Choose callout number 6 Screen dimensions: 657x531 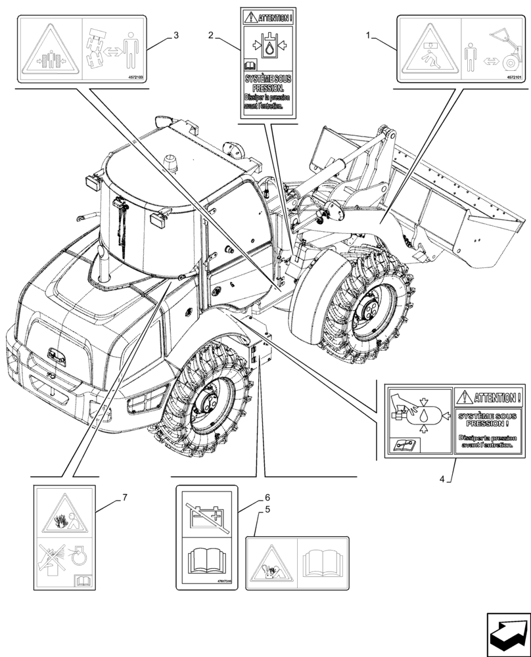point(267,498)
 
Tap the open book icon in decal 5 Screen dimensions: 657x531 point(323,562)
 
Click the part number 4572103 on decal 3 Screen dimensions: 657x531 point(134,77)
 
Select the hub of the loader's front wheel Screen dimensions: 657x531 point(368,314)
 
